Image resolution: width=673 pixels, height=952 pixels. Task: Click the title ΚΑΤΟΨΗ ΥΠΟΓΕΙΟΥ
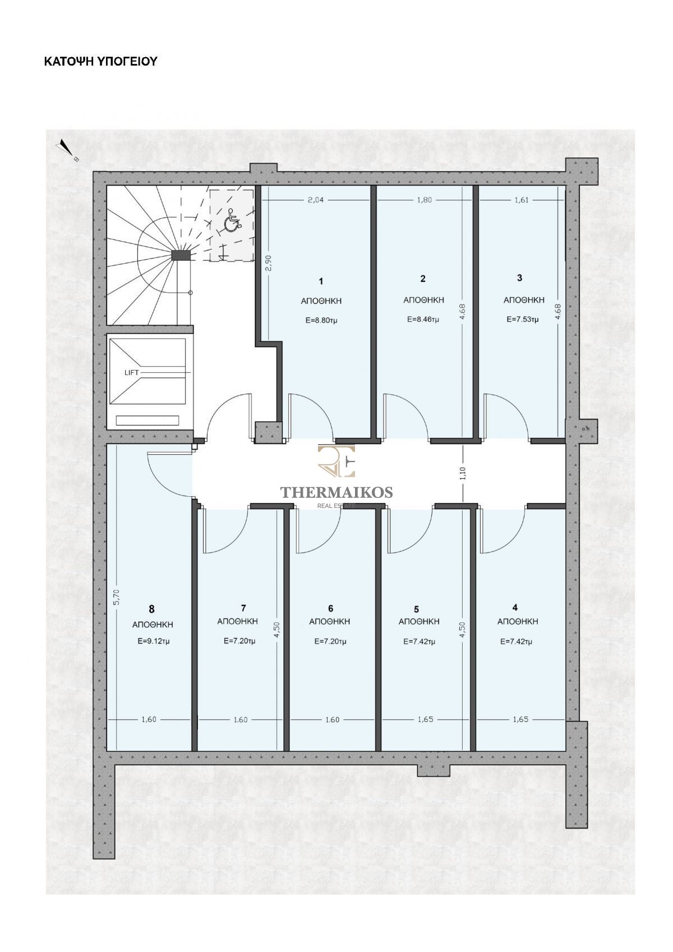point(101,62)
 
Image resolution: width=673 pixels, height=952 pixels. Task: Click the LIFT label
point(132,372)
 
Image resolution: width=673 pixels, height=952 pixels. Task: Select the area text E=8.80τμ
point(321,321)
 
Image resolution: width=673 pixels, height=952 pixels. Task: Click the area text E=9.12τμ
point(154,641)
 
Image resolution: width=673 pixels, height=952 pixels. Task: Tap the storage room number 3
point(519,278)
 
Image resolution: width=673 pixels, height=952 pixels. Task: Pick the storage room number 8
point(151,609)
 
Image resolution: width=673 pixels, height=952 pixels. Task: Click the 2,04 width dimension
point(315,200)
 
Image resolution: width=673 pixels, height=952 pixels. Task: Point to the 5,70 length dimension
point(118,597)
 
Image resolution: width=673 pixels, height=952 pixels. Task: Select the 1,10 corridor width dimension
point(463,474)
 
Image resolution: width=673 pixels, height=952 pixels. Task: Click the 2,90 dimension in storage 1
point(268,262)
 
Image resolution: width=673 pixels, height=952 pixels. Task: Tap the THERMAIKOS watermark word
point(336,492)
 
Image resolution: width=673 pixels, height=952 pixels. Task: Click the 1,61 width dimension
point(521,200)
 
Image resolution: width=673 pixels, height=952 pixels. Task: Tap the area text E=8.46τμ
point(423,319)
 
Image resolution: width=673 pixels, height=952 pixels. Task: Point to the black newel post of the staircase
point(181,255)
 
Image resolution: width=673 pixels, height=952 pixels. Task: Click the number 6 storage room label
point(330,609)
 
